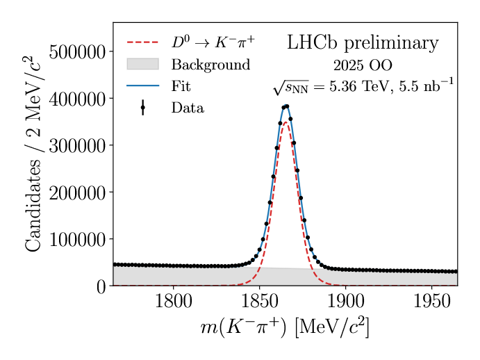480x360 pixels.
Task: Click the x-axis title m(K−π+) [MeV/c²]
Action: click(285, 327)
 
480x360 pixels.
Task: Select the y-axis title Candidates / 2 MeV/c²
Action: click(33, 154)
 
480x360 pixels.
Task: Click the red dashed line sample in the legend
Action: click(142, 42)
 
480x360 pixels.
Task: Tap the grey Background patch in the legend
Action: click(142, 64)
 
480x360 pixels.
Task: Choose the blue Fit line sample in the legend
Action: click(142, 86)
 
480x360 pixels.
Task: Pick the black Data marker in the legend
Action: click(142, 108)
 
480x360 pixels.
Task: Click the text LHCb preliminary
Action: click(363, 43)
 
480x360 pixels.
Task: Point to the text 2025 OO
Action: click(363, 66)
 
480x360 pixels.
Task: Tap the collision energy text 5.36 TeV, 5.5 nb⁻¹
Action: click(363, 87)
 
